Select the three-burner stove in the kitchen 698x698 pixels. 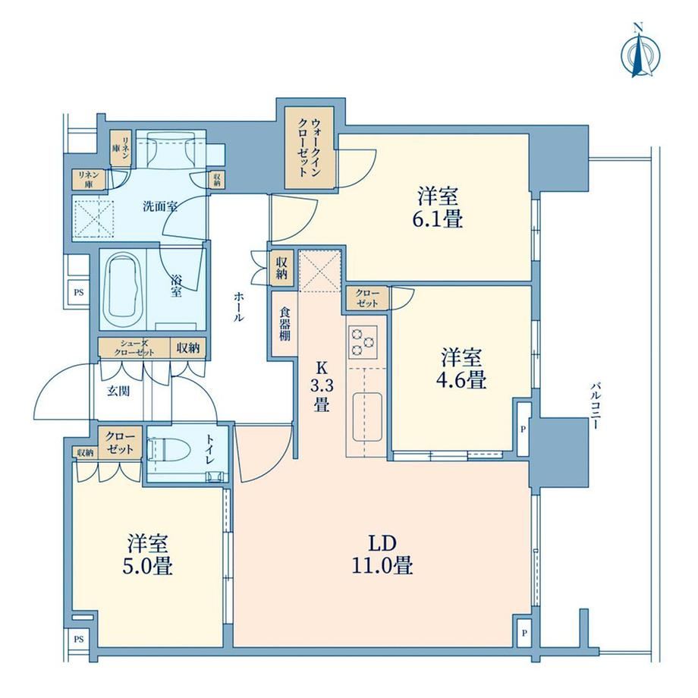(363, 342)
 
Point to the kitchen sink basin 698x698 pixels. (367, 417)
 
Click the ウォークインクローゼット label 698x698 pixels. (309, 147)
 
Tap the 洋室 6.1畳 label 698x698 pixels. (438, 208)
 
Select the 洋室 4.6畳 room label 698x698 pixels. (461, 369)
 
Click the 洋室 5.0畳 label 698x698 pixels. (148, 555)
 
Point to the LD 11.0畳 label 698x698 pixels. (382, 555)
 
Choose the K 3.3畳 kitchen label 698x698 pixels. (322, 386)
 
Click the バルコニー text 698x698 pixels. (594, 405)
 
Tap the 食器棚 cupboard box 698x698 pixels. (285, 324)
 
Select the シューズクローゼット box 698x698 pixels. (134, 348)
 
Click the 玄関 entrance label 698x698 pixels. (118, 391)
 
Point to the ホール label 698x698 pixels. (238, 307)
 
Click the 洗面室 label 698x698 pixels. (160, 206)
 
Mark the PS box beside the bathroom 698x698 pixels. (78, 293)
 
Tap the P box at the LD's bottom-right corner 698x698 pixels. (524, 632)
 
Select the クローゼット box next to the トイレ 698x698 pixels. (120, 442)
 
